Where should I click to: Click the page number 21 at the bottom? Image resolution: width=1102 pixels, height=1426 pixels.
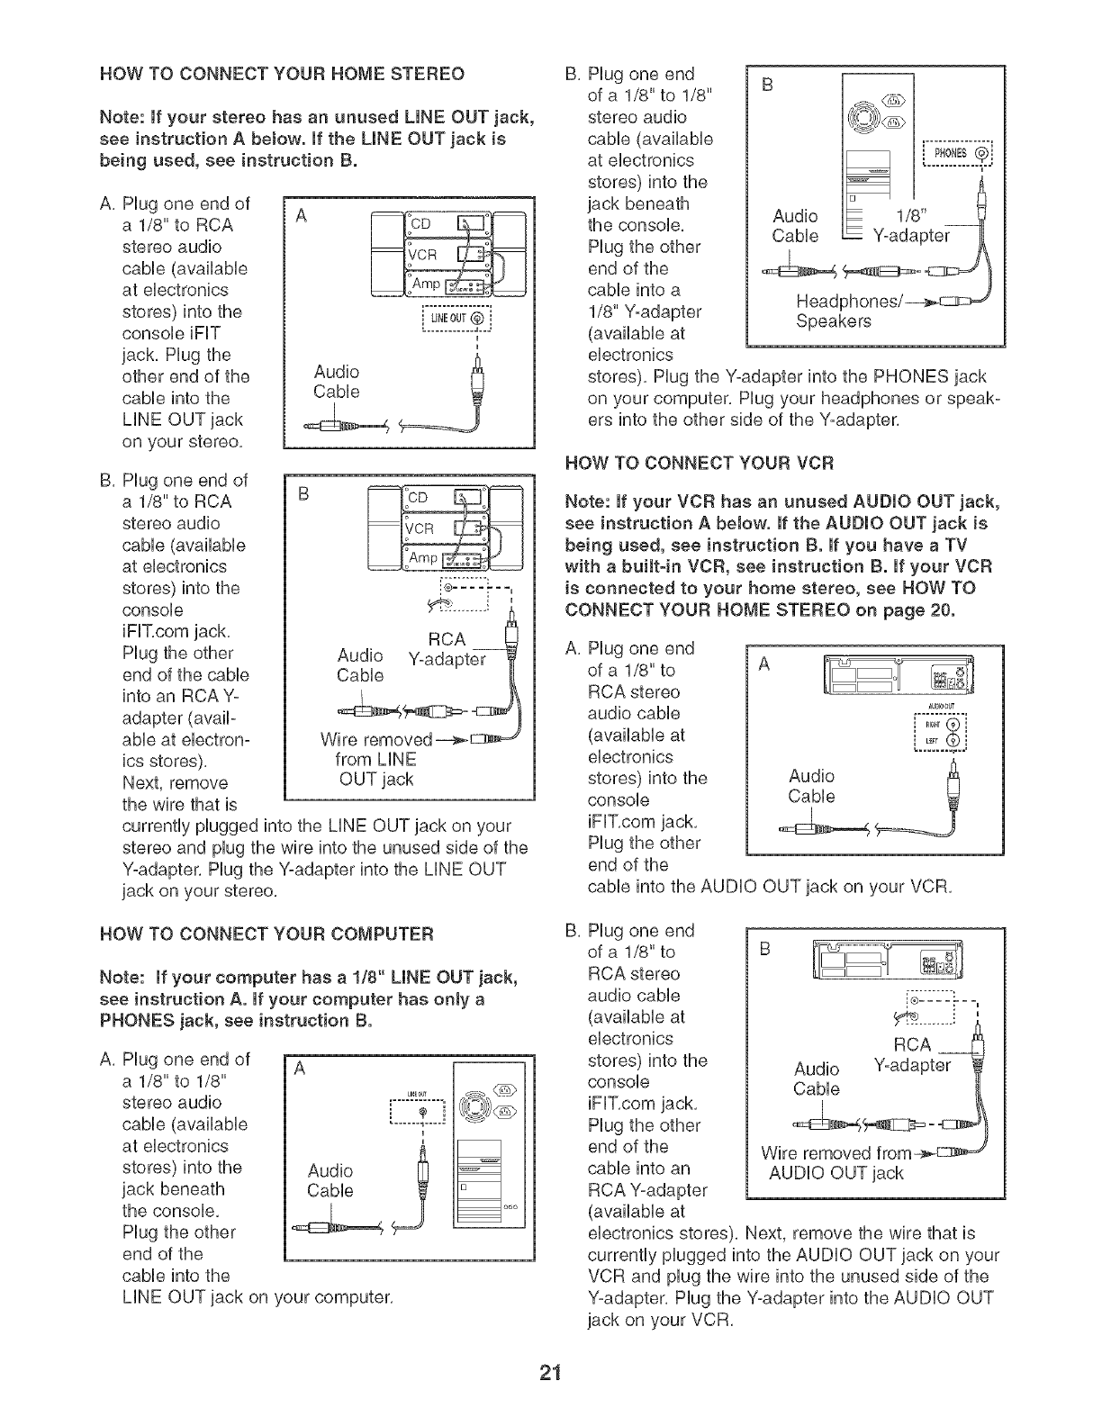(x=550, y=1396)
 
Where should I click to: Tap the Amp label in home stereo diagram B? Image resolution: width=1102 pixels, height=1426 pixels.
(x=424, y=558)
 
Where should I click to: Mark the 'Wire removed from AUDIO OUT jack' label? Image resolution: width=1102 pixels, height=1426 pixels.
(x=833, y=1163)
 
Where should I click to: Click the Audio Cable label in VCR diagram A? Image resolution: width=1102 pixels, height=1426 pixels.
(x=811, y=786)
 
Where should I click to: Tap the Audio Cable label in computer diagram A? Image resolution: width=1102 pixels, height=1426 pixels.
(x=330, y=1180)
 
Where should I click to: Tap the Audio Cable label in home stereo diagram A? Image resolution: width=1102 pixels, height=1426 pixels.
(x=337, y=382)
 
